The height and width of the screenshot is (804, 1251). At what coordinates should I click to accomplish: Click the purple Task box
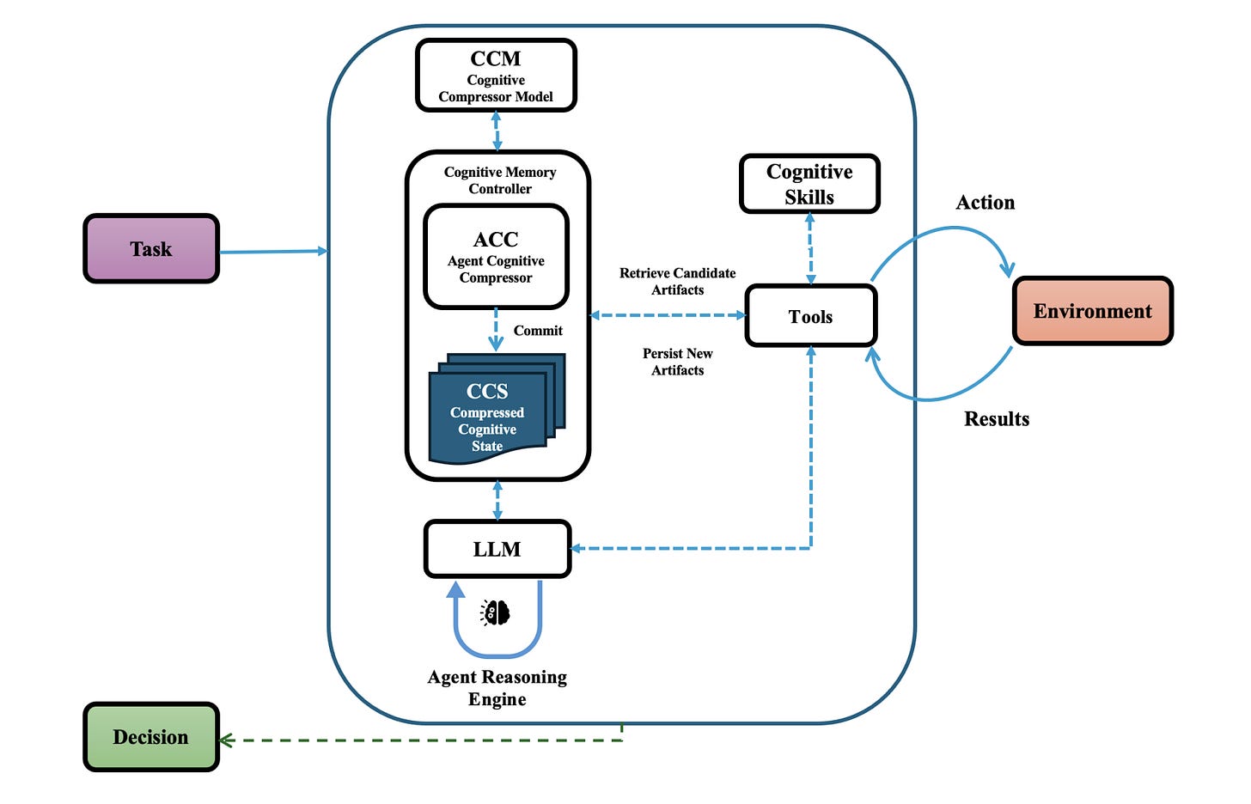click(x=151, y=249)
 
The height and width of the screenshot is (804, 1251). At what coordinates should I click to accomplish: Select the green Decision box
click(x=151, y=737)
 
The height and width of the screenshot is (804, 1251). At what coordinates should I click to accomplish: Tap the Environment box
click(x=1092, y=311)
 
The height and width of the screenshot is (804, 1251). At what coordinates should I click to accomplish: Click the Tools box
click(x=810, y=317)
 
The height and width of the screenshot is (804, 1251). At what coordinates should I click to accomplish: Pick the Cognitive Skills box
click(x=809, y=184)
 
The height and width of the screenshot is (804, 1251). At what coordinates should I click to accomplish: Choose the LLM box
click(x=497, y=549)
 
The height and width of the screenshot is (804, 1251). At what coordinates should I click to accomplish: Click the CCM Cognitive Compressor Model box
click(x=496, y=76)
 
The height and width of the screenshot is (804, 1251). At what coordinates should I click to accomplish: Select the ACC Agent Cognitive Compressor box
click(x=496, y=256)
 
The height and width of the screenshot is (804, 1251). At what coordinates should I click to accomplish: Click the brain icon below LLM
click(x=496, y=612)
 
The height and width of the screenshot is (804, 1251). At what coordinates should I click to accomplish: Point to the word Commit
click(x=538, y=331)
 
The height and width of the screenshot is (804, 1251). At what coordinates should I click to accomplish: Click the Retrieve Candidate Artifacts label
click(x=677, y=281)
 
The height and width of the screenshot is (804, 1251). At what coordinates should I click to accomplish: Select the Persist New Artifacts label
click(x=677, y=362)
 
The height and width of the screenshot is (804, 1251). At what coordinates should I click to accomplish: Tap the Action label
click(x=986, y=203)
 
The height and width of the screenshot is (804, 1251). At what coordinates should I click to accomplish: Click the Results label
click(x=997, y=419)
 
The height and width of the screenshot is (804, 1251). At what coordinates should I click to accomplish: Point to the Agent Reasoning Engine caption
click(x=497, y=688)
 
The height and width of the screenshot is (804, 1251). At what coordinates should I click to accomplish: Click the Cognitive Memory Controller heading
click(x=500, y=180)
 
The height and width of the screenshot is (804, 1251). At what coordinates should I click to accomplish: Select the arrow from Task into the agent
click(x=273, y=252)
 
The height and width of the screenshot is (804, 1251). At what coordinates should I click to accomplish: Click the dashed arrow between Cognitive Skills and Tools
click(x=810, y=249)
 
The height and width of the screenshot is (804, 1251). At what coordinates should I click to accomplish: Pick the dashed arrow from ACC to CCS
click(x=496, y=330)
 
